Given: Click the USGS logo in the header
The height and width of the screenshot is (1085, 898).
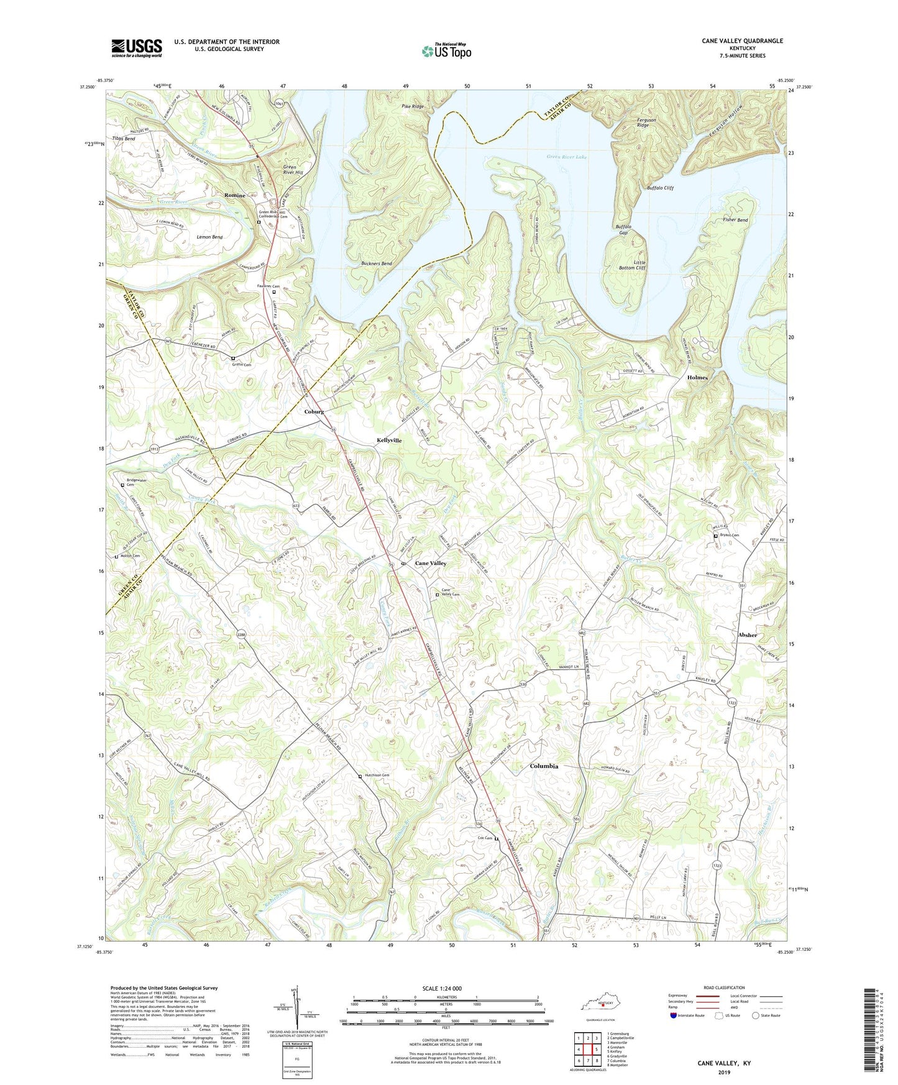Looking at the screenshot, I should (x=137, y=48).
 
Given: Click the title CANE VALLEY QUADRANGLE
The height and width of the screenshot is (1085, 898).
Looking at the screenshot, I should (x=742, y=41).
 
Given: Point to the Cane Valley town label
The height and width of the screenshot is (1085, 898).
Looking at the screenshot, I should (x=431, y=563).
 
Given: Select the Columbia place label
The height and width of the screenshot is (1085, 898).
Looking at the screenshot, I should (x=544, y=766).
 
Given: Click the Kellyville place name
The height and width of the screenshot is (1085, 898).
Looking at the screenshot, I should (x=389, y=440).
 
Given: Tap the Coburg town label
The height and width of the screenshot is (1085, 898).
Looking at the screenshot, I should (x=314, y=411).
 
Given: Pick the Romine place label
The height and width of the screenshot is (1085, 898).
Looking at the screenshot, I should (x=235, y=195).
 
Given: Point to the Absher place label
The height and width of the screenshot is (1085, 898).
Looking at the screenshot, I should (x=748, y=634).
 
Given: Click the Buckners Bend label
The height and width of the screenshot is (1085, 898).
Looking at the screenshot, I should (x=377, y=263).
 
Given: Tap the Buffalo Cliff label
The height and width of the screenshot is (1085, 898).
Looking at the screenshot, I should (x=660, y=188).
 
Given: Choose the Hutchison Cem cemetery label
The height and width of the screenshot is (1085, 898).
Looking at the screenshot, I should (x=377, y=775).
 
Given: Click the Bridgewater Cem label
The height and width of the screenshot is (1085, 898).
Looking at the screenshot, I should (x=137, y=482).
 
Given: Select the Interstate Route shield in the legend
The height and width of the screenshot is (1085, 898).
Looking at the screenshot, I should (x=674, y=1015).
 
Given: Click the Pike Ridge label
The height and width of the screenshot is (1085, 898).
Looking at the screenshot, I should (x=413, y=106).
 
